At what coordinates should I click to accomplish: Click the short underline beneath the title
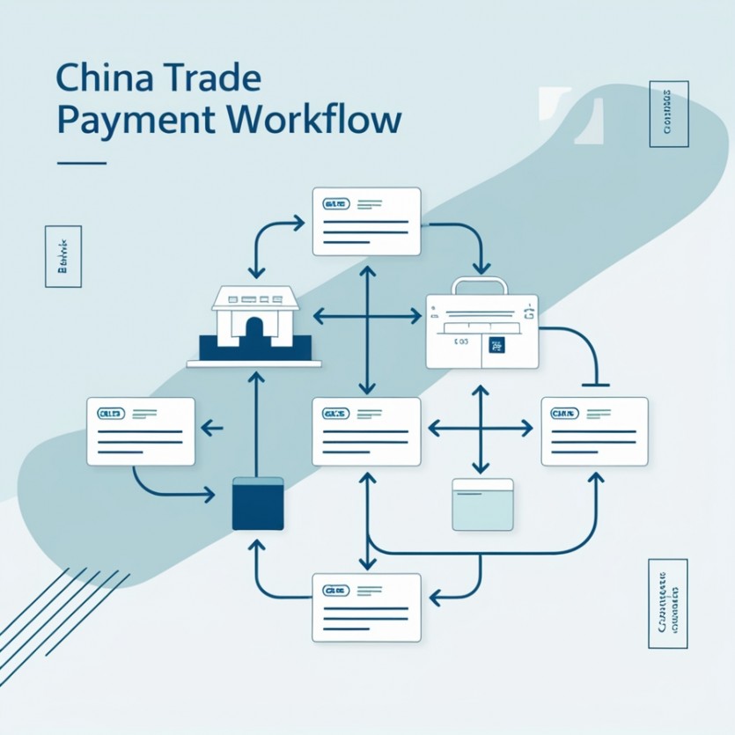(81, 163)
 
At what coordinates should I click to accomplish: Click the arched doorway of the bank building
(254, 333)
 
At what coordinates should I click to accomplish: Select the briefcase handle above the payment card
(480, 286)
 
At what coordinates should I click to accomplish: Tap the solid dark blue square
(258, 504)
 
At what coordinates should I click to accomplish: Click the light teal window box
(481, 504)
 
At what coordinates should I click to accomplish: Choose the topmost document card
(366, 221)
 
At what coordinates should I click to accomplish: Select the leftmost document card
(141, 431)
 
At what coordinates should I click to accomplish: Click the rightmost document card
(594, 431)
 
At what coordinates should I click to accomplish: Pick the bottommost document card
(366, 606)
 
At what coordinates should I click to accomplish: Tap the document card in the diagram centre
(366, 431)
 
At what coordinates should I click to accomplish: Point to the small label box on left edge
(62, 256)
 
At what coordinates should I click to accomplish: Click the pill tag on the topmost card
(336, 204)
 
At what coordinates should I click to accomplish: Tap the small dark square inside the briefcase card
(497, 346)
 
